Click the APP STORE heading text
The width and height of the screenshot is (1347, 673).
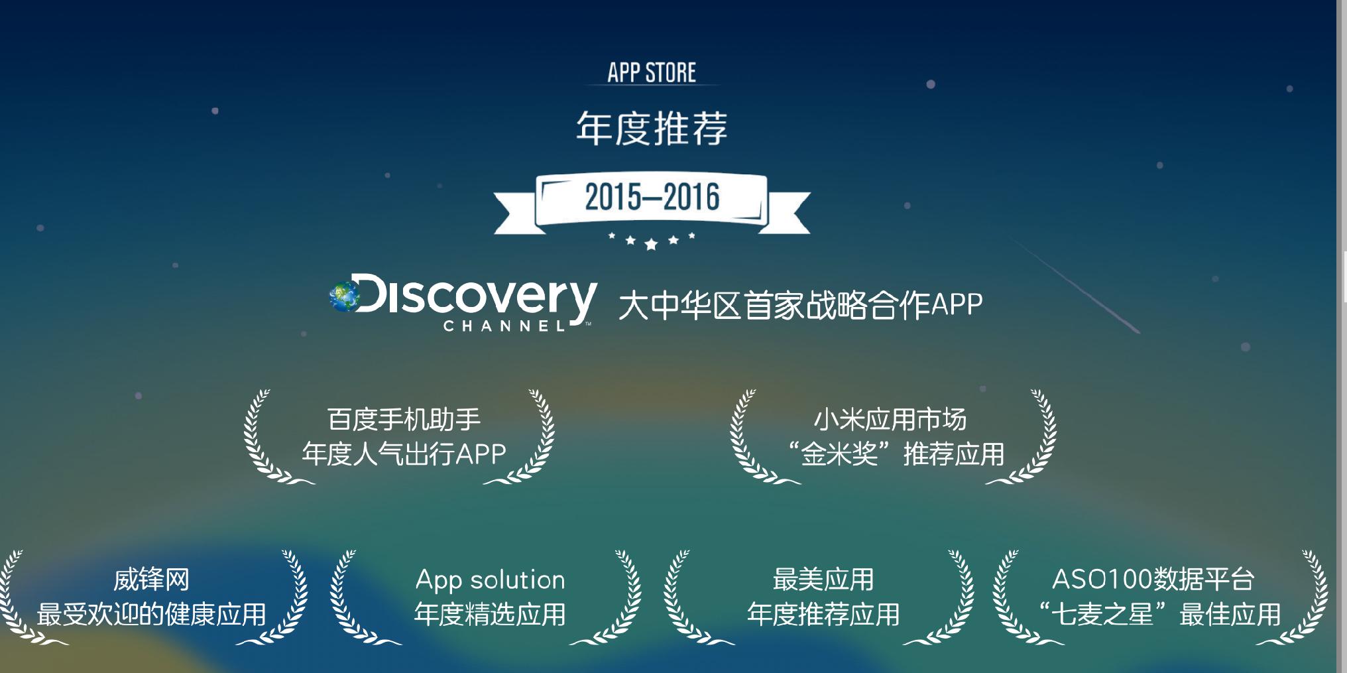tap(652, 72)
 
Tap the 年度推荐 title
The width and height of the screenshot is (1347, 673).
tap(652, 128)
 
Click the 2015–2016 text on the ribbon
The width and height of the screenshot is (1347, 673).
tap(652, 197)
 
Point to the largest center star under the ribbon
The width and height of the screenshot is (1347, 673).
tap(651, 245)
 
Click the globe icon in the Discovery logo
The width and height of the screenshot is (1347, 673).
tap(345, 296)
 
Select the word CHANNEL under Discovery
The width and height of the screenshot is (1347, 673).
tap(504, 326)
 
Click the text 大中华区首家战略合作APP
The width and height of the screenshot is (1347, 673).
tap(801, 305)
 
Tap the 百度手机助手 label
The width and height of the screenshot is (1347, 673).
tap(404, 419)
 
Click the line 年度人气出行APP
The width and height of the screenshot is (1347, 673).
tap(404, 454)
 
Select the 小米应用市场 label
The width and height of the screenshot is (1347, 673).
tap(890, 419)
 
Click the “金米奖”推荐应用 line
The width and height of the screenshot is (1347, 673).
tap(896, 454)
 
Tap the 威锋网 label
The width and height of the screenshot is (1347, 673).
tap(151, 580)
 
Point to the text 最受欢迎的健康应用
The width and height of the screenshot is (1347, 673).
tap(151, 615)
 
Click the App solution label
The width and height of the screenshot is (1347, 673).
tap(490, 580)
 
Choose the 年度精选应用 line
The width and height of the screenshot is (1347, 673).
tap(490, 615)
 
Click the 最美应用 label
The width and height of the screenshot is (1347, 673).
tap(823, 580)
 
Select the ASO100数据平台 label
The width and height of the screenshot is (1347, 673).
tap(1153, 580)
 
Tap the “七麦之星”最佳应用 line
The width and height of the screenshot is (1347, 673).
tap(1159, 615)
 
